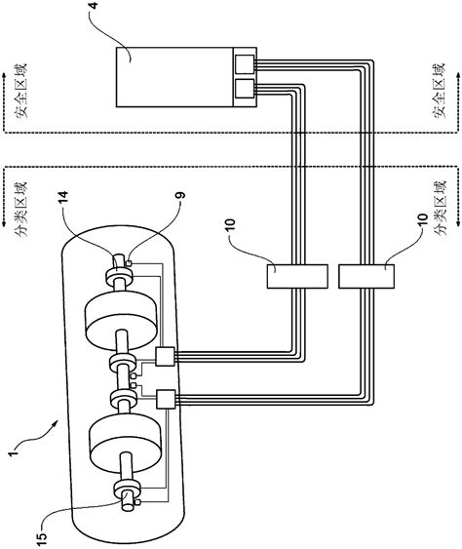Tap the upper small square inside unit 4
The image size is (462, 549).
[241, 65]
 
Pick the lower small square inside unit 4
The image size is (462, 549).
[241, 93]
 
